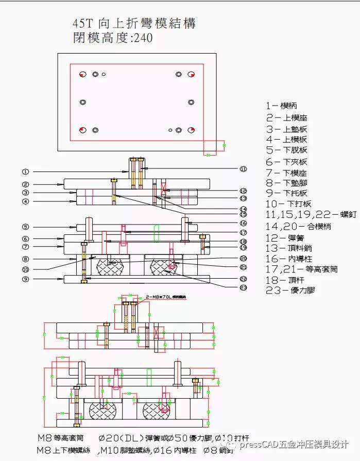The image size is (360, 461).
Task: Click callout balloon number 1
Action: click(x=25, y=172)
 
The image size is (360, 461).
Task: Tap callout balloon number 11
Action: click(x=243, y=168)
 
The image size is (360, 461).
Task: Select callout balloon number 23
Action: click(x=243, y=287)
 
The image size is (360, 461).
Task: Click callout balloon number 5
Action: click(x=25, y=227)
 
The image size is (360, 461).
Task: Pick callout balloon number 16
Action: click(x=243, y=223)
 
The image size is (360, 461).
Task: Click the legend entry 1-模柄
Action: click(x=282, y=106)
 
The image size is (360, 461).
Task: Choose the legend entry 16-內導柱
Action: click(x=289, y=259)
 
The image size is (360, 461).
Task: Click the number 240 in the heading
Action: click(x=143, y=38)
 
